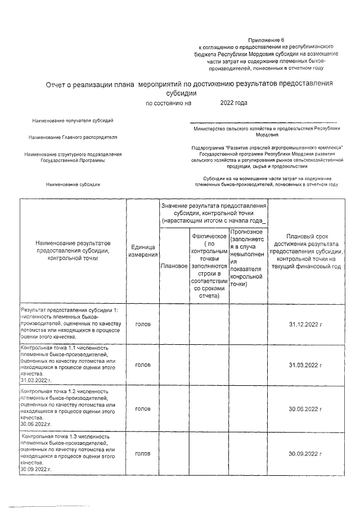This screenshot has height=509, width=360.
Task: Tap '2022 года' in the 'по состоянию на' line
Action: coord(233,103)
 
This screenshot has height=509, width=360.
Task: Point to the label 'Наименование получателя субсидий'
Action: coord(73,121)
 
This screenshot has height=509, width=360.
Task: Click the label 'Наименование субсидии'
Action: coord(73,184)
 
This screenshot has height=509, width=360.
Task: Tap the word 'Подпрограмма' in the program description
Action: coord(209,147)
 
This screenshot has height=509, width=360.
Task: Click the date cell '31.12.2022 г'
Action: coord(305,325)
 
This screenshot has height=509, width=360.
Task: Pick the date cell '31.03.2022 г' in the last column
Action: coord(305,365)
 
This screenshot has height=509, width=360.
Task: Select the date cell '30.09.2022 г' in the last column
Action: coord(305,453)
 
